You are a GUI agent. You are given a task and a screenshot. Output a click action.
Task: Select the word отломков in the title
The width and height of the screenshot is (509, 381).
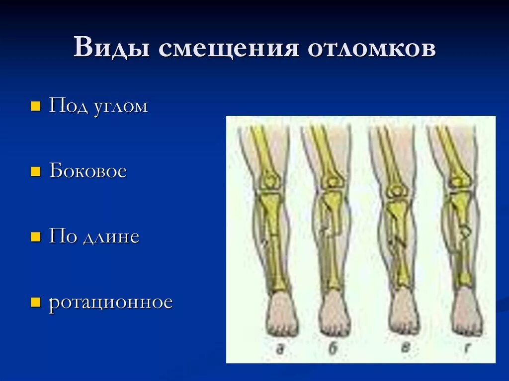point(372,49)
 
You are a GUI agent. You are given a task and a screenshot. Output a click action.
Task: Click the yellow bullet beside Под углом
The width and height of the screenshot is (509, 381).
point(35,107)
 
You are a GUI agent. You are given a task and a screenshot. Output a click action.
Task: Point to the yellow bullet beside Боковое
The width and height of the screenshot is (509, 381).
point(35,172)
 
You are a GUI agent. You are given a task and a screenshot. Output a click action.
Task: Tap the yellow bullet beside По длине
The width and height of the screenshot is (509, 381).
point(35,237)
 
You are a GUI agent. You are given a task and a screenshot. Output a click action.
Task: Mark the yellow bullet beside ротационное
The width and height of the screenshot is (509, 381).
point(35,302)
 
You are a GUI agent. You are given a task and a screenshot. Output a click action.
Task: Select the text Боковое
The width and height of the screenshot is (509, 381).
point(87,172)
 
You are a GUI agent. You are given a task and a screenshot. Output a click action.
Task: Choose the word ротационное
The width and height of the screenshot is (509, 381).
point(110,303)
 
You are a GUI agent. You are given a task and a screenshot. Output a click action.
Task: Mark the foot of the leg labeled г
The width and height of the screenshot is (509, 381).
point(467,313)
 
